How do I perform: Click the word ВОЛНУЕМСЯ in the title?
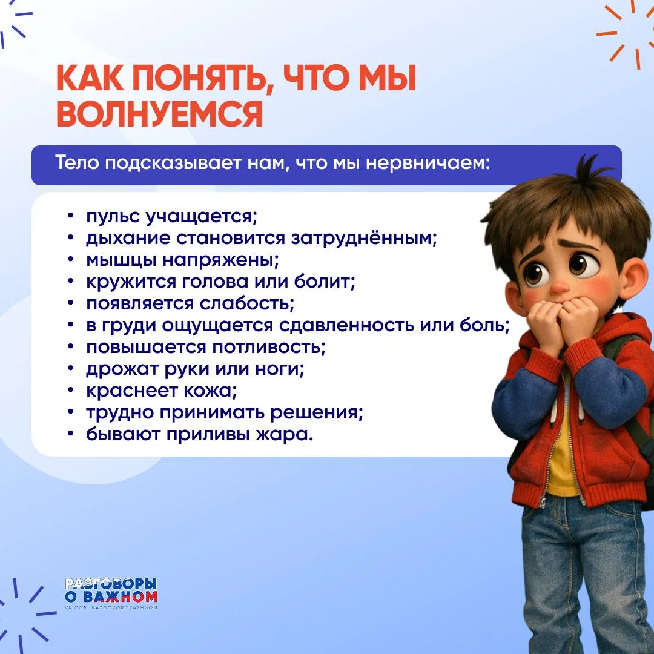(160, 114)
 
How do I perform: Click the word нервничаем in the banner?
(428, 163)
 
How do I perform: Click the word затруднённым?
(363, 239)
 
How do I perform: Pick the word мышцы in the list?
(121, 260)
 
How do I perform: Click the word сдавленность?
(346, 325)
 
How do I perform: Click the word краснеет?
(131, 391)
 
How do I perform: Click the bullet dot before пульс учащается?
(71, 216)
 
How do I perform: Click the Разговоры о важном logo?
(111, 593)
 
